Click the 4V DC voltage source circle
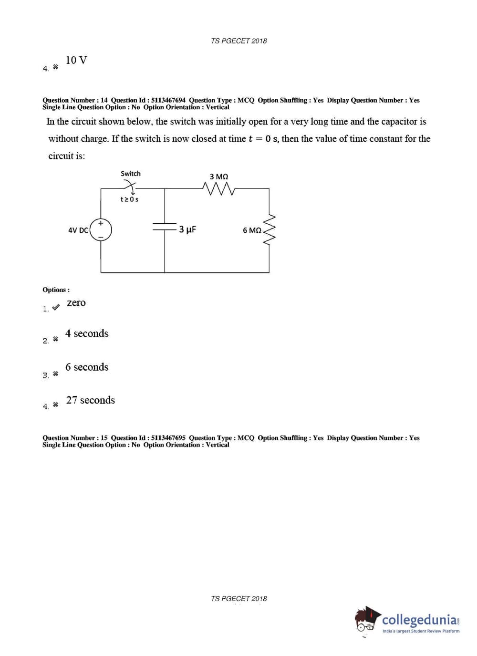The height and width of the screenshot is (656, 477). tap(101, 230)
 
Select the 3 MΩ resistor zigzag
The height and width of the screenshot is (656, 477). tap(218, 189)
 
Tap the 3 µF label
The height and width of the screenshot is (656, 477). tap(187, 229)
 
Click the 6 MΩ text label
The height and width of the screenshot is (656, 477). tap(252, 230)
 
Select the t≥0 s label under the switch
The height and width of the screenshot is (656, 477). tap(129, 199)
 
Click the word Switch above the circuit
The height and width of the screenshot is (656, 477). tap(130, 174)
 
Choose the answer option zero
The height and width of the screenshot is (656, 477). tap(76, 303)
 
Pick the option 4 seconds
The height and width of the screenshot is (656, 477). tap(87, 333)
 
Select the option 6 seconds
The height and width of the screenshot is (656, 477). tap(87, 367)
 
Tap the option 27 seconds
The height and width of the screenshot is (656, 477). tap(90, 400)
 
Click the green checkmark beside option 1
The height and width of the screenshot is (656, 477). tap(56, 307)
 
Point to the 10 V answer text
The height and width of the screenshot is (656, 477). tap(76, 60)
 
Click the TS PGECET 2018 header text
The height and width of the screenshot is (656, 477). tap(238, 41)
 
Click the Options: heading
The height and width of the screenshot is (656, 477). tap(56, 290)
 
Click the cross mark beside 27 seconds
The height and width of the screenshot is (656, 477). tap(55, 405)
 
